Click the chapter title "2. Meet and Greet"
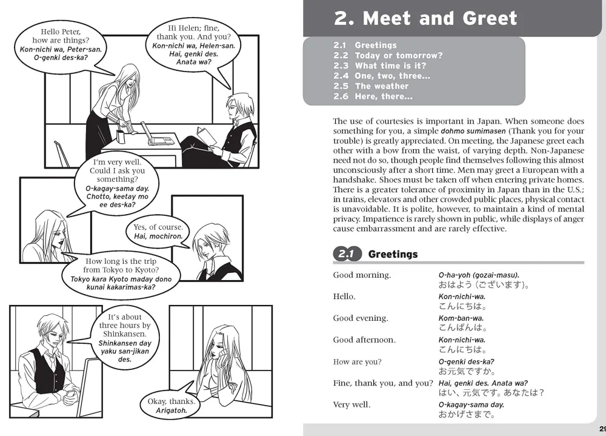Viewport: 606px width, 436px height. coord(425,18)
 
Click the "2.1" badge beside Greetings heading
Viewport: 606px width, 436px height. coord(346,254)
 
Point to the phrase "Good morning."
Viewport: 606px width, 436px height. coord(362,275)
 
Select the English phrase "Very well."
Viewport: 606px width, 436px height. coord(351,404)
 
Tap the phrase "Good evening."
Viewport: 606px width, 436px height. coord(362,318)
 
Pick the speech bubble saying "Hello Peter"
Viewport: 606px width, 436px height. coord(61,44)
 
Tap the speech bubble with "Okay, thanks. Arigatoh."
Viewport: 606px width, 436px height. coord(171,405)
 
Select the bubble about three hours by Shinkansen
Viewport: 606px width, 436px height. coord(125,338)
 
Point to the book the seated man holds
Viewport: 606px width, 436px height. coord(208,136)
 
